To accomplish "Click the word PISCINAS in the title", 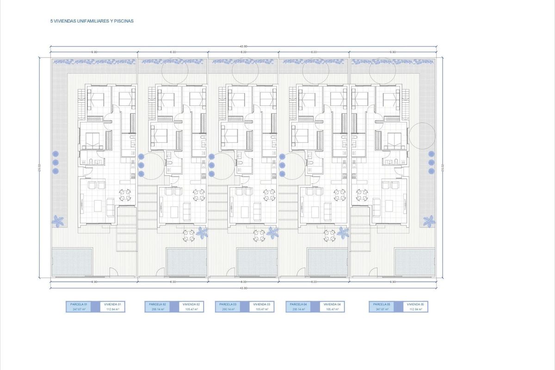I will click(125, 21).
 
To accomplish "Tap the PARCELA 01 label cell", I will click(78, 304).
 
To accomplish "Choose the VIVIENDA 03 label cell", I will click(262, 304).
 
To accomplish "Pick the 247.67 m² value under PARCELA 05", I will click(381, 309).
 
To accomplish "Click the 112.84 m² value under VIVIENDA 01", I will click(113, 309).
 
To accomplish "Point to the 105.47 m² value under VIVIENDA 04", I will click(333, 309).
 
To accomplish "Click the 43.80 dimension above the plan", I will click(244, 46).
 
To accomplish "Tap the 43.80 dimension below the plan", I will click(244, 288).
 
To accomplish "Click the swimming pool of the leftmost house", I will click(72, 262).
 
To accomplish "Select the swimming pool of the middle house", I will click(257, 262).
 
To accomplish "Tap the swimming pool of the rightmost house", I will click(415, 262).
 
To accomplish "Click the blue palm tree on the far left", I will click(58, 221).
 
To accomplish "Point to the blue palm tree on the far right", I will click(429, 221).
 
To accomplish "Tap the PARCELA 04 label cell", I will click(297, 304).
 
